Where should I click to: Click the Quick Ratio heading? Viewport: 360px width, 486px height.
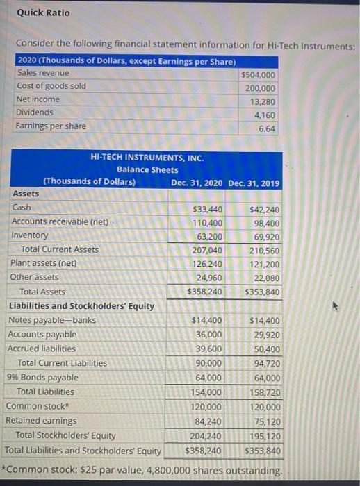coord(43,12)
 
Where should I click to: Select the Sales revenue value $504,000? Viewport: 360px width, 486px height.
coord(258,75)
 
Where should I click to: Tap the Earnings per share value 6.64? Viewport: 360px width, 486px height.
coord(267,129)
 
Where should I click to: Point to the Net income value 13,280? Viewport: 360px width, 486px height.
coord(262,102)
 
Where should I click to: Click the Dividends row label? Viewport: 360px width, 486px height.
coord(34,112)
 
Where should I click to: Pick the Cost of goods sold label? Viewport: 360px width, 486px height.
coord(51,86)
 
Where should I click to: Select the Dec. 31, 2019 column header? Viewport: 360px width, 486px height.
coord(254,183)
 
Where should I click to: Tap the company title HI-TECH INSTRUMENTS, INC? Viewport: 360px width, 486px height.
coord(147,158)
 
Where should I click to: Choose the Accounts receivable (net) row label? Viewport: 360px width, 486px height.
coord(60,221)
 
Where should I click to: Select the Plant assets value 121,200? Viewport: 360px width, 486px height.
coord(264,265)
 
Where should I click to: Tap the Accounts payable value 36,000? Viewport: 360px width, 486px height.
coord(208,335)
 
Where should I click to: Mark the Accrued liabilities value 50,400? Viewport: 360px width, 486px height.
coord(264,349)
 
